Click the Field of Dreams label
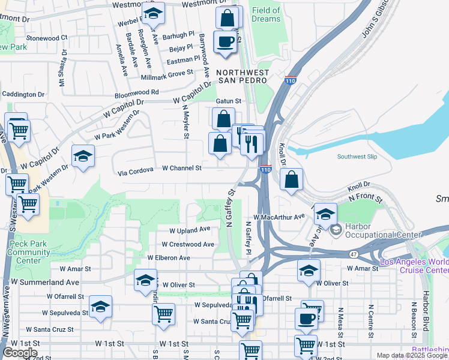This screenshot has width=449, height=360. [x=266, y=14]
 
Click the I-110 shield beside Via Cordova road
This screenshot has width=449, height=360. [x=265, y=170]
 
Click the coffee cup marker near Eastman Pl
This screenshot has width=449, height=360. [x=225, y=42]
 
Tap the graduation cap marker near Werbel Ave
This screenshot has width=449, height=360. [x=154, y=13]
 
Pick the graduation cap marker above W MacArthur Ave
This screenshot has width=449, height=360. [x=325, y=214]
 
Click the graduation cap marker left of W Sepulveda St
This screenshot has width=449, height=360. [x=100, y=307]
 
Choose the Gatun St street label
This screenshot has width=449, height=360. [x=228, y=101]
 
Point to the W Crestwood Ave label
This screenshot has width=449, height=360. [x=188, y=244]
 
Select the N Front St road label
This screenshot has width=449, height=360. [x=366, y=197]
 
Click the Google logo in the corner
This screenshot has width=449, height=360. [x=20, y=353]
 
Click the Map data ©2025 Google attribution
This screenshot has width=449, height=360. [x=411, y=355]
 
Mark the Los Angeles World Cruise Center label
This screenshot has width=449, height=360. [x=414, y=265]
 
